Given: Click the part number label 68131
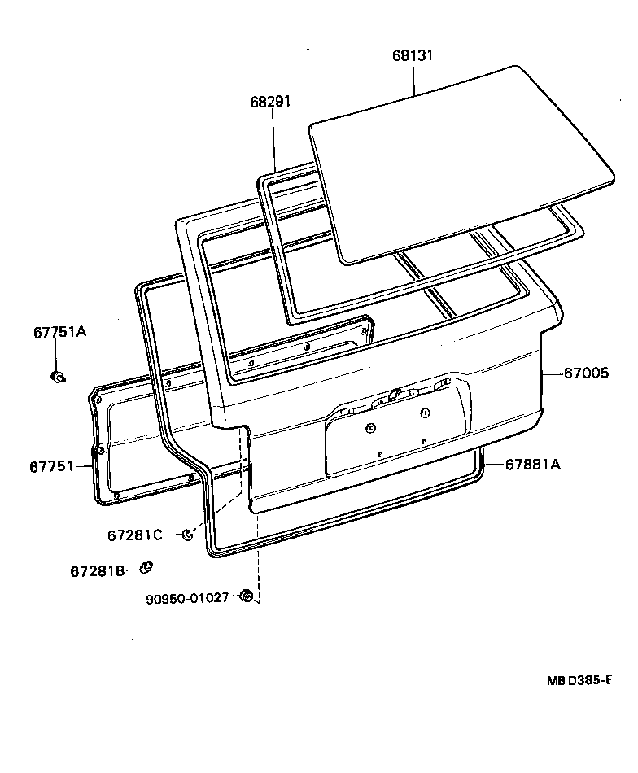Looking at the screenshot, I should pos(413,56).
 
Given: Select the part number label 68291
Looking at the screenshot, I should pos(270,102).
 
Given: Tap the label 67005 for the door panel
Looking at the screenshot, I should pos(585,373).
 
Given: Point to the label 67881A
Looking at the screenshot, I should pos(533,465).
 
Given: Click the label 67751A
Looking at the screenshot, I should pos(59,332).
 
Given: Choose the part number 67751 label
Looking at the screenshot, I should pos(52,466).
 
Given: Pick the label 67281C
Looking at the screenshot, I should pos(135,535).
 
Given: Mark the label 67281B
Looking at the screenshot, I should pos(97,571).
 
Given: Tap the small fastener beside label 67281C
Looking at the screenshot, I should pos(186,535).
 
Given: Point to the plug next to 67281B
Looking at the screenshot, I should pos(147,567).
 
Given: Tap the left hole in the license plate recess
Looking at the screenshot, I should pos(369,428).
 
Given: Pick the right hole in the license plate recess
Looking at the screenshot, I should pos(425,414).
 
